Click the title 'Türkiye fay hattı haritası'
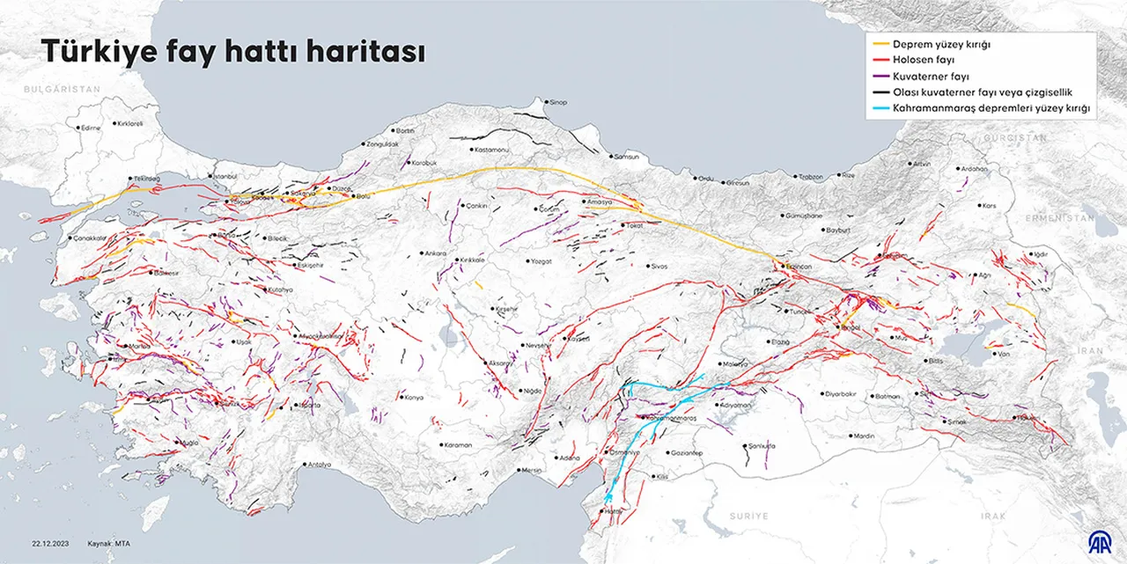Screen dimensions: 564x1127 [x=233, y=53]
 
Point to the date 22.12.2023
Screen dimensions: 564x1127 [x=51, y=543]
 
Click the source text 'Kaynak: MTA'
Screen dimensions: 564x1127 [x=110, y=543]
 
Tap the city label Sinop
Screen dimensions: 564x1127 [x=558, y=102]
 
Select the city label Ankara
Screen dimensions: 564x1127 [x=436, y=253]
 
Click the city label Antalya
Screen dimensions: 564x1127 [x=319, y=464]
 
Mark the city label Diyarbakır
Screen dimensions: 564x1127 [x=839, y=393]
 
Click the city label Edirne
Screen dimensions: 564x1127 [x=91, y=128]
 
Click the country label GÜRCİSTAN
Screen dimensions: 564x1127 [x=1015, y=138]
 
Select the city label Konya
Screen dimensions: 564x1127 [x=414, y=397]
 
